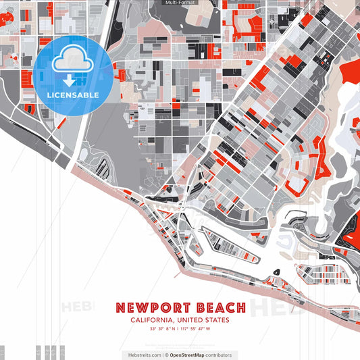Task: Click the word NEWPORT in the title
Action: (155, 308)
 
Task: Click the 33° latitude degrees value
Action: (153, 329)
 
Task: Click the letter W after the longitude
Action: (209, 329)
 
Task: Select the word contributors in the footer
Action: (219, 355)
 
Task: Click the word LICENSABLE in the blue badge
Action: (73, 95)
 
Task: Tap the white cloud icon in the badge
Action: (72, 63)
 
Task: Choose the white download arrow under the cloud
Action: (70, 80)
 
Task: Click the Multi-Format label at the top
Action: (180, 3)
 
